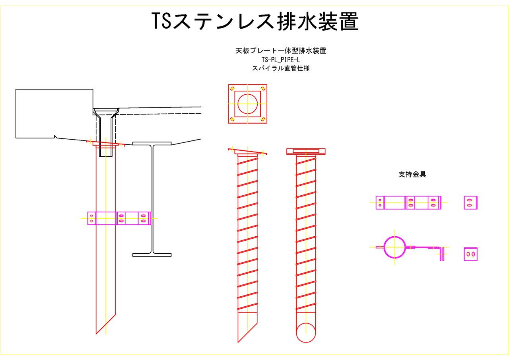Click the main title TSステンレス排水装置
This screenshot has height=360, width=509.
(x=255, y=21)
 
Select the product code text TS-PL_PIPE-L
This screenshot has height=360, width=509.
(x=281, y=60)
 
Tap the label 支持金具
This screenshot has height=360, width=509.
(x=412, y=174)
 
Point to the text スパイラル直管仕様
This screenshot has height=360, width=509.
(x=281, y=68)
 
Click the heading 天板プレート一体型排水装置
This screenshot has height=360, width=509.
(x=281, y=51)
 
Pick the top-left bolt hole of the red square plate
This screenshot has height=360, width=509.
(x=232, y=89)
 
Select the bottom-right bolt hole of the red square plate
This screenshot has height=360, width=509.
(x=263, y=119)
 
